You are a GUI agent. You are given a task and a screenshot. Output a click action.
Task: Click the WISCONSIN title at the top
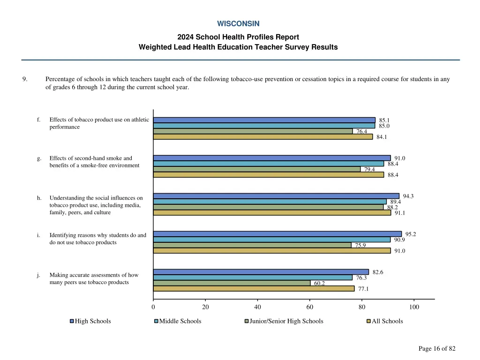pyautogui.click(x=238, y=23)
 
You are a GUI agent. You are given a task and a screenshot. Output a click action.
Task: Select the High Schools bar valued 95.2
pyautogui.click(x=277, y=234)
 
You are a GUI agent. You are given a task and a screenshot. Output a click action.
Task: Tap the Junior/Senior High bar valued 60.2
pyautogui.click(x=232, y=283)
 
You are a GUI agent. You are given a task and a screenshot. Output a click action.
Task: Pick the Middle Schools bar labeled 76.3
pyautogui.click(x=253, y=277)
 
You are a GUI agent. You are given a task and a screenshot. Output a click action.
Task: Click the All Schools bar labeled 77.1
pyautogui.click(x=254, y=289)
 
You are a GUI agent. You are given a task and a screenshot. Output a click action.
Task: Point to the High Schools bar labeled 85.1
pyautogui.click(x=264, y=120)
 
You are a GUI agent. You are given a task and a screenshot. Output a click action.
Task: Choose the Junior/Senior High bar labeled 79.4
pyautogui.click(x=256, y=169)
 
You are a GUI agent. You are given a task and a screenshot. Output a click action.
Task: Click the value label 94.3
pyautogui.click(x=408, y=196)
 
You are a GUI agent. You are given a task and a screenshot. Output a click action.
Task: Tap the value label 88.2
pyautogui.click(x=392, y=207)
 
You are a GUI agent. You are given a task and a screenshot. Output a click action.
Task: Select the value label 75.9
pyautogui.click(x=360, y=245)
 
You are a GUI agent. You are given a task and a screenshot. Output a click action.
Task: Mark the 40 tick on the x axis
pyautogui.click(x=257, y=307)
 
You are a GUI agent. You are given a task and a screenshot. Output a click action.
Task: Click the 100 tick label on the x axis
pyautogui.click(x=414, y=307)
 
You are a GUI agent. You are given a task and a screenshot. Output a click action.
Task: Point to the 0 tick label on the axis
pyautogui.click(x=153, y=307)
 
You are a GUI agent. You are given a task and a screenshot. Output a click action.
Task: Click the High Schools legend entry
pyautogui.click(x=93, y=321)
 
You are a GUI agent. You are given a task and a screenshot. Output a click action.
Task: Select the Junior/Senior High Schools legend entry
pyautogui.click(x=286, y=321)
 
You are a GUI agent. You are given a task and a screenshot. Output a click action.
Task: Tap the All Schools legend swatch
pyautogui.click(x=368, y=321)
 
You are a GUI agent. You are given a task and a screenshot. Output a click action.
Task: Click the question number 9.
pyautogui.click(x=24, y=79)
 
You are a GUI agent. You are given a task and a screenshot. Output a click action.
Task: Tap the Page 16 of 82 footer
pyautogui.click(x=436, y=348)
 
